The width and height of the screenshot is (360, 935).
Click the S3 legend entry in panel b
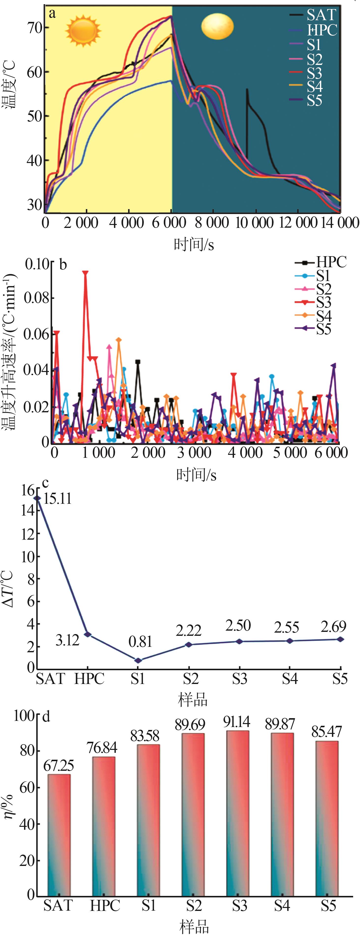point(323,302)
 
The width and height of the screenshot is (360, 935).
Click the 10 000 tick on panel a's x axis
point(254,223)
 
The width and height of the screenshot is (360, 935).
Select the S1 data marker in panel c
point(138,661)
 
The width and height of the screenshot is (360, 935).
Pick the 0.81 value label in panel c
point(140,642)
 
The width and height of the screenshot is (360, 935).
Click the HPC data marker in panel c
point(87,634)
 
